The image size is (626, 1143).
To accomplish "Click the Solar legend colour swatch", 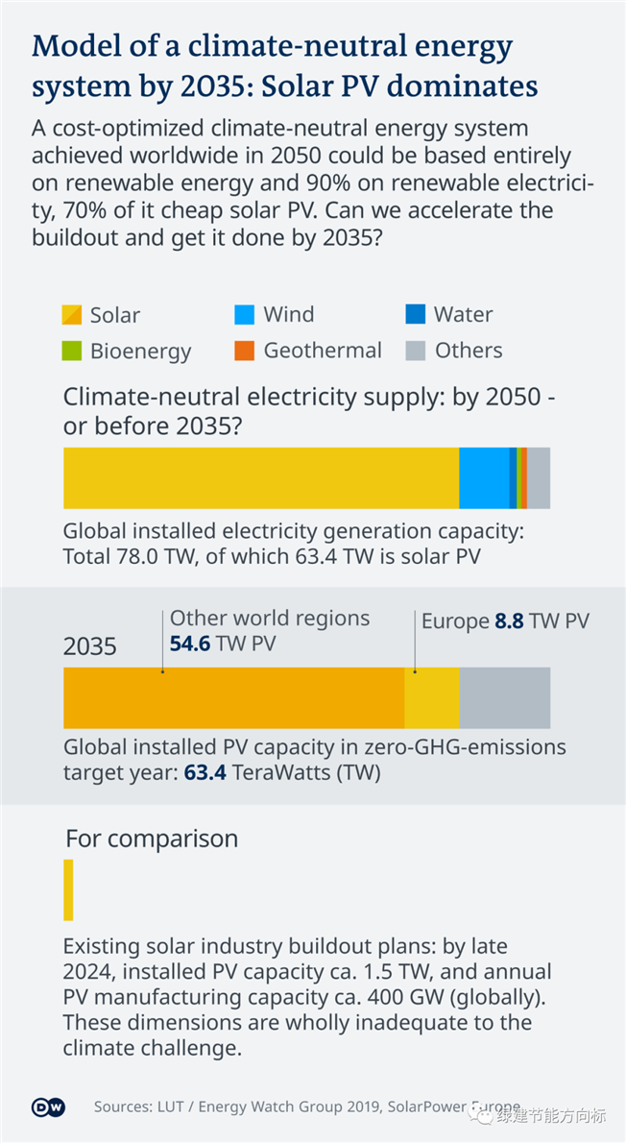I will click(73, 314).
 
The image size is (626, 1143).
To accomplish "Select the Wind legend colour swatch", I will click(245, 314).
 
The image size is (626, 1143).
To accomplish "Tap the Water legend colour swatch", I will click(415, 314).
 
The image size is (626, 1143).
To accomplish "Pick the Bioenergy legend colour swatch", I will click(73, 351).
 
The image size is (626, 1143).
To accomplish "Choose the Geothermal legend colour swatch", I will click(245, 351).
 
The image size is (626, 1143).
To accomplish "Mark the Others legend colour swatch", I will click(415, 351).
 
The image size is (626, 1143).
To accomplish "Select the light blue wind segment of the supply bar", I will click(484, 477).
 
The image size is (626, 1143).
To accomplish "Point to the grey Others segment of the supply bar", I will click(540, 477).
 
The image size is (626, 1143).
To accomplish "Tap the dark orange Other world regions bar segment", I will click(233, 697).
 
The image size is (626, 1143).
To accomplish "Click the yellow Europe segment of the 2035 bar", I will click(432, 697).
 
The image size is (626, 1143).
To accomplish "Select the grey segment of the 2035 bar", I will click(505, 697).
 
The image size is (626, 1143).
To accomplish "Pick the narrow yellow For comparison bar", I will click(68, 889).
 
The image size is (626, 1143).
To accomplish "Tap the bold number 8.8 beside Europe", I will click(509, 621).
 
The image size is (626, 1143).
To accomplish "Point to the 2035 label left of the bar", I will click(90, 646).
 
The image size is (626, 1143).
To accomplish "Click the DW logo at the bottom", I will click(48, 1107).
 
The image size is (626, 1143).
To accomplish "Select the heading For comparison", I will click(152, 839).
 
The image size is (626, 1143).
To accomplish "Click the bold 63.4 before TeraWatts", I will click(205, 771).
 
